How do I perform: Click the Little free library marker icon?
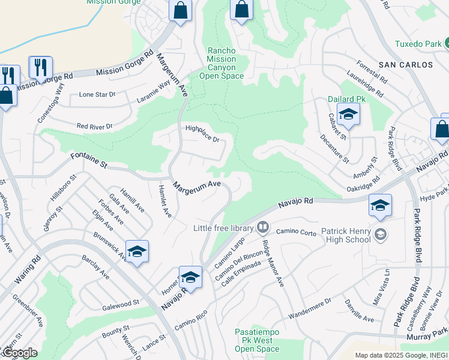pyautogui.click(x=262, y=227)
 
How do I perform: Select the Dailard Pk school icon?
pyautogui.click(x=348, y=114)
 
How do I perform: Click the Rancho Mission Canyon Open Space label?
pyautogui.click(x=221, y=64)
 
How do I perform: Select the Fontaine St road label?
pyautogui.click(x=88, y=160)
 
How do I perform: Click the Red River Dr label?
pyautogui.click(x=94, y=127)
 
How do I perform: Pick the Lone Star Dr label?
pyautogui.click(x=97, y=95)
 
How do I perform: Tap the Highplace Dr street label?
pyautogui.click(x=203, y=133)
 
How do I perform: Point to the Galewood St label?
pyautogui.click(x=120, y=302)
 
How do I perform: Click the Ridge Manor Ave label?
pyautogui.click(x=273, y=263)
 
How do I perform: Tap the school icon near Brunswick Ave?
pyautogui.click(x=137, y=251)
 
